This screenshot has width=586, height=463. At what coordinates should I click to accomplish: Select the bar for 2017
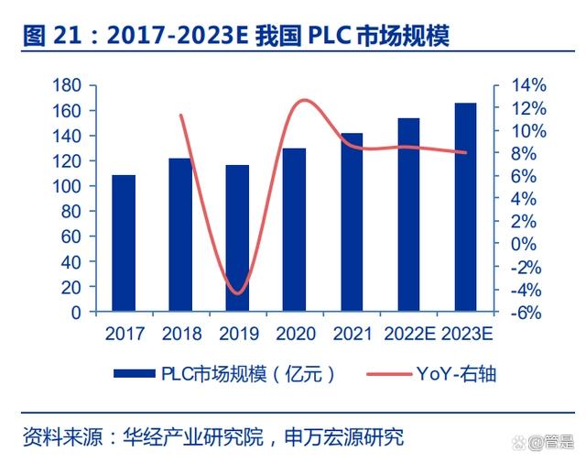(124, 243)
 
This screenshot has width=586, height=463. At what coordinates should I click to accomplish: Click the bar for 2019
(237, 238)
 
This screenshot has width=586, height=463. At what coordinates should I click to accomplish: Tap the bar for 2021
(352, 223)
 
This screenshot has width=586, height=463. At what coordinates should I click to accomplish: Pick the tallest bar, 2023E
(465, 207)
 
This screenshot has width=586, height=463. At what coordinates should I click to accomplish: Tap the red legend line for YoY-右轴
(385, 374)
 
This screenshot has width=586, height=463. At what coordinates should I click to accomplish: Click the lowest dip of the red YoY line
(238, 293)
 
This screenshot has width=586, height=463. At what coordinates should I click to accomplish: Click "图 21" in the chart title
(48, 37)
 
